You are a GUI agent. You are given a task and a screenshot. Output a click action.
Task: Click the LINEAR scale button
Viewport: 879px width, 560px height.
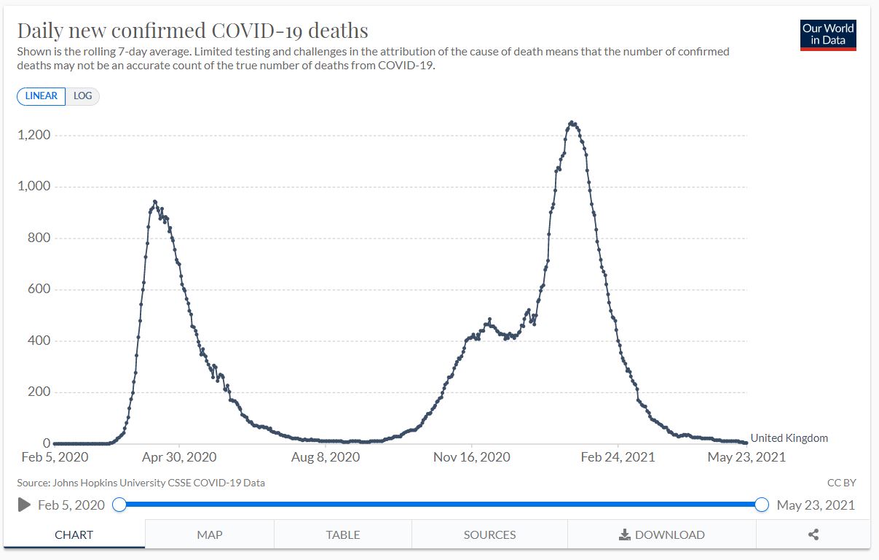click(x=42, y=96)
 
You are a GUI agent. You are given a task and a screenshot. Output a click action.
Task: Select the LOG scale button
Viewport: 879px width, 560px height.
click(x=82, y=96)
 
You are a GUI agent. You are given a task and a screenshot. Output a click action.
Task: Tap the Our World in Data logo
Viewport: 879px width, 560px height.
click(x=828, y=34)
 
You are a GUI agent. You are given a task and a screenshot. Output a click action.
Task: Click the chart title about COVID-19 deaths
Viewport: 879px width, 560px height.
click(x=192, y=31)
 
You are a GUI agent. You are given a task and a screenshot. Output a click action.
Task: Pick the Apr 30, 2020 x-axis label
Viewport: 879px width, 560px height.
click(x=179, y=457)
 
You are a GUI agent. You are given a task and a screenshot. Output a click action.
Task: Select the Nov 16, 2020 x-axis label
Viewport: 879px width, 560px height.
click(x=472, y=457)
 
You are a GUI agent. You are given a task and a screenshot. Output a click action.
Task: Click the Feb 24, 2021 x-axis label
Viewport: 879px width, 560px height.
click(x=618, y=457)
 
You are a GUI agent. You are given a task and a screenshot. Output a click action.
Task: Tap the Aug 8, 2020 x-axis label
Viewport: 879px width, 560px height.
click(x=326, y=457)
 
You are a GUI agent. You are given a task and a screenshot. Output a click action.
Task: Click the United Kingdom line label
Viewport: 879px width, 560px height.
click(x=789, y=438)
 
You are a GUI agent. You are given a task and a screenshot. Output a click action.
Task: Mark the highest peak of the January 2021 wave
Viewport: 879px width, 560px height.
click(x=572, y=122)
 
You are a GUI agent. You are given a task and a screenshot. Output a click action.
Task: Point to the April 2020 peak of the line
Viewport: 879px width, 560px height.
click(x=154, y=201)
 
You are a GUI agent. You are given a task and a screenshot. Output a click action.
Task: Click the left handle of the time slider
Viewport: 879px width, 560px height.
click(x=119, y=504)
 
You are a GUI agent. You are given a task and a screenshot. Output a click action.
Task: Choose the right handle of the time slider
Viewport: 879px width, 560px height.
click(x=762, y=504)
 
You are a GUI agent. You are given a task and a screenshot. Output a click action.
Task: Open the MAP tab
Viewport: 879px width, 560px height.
click(x=210, y=534)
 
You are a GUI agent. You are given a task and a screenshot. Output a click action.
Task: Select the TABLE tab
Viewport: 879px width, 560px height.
click(x=343, y=534)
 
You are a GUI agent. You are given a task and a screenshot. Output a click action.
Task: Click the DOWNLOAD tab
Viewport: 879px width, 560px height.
click(x=662, y=534)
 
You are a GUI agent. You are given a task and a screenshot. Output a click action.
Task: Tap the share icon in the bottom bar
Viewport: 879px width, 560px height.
click(x=813, y=534)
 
